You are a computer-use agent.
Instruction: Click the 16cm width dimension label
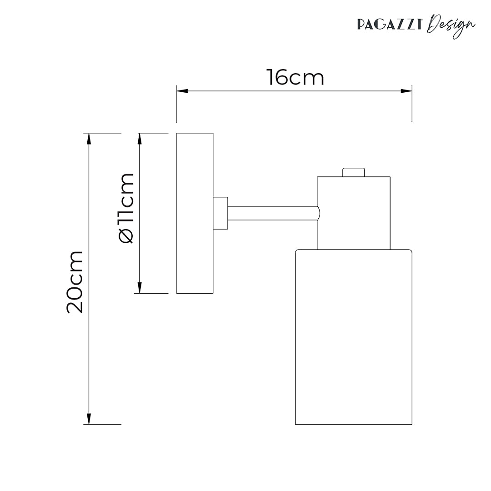coord(295,78)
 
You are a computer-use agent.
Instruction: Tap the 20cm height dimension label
coord(75,281)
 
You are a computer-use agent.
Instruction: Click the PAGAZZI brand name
coord(391,24)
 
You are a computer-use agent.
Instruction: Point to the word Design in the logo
coord(452,25)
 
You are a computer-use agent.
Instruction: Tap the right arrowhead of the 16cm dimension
coord(406,91)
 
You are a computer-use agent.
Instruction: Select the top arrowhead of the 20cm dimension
coord(89,138)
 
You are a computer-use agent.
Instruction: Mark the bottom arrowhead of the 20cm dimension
coord(89,419)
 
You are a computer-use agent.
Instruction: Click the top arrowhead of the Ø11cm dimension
coord(140,138)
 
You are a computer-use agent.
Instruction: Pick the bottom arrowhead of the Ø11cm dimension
coord(140,288)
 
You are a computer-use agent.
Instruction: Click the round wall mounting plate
coord(195,213)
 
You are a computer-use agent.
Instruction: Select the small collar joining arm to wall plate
coord(220,213)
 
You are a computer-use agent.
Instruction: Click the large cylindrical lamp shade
coord(354,337)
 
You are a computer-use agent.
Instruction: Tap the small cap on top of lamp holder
coord(353,172)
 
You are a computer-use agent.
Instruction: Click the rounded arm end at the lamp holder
coord(319,213)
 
